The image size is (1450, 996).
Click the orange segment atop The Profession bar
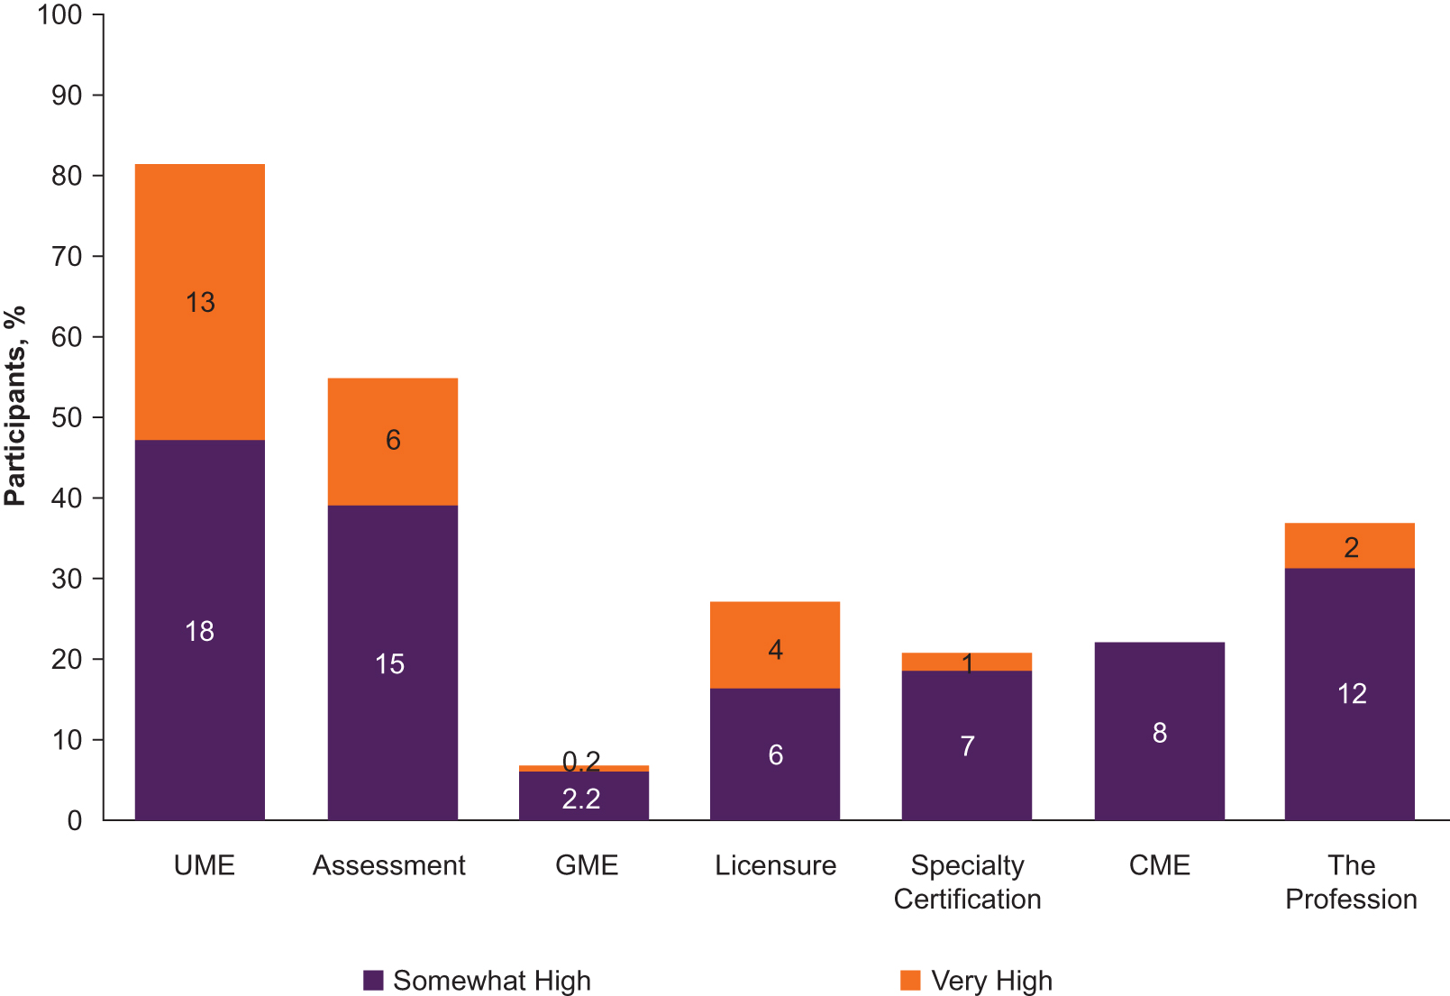1349,546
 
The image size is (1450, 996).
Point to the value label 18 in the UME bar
199,631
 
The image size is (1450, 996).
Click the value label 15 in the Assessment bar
389,664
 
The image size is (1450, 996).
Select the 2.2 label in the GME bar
581,799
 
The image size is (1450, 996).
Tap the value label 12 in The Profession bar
1351,693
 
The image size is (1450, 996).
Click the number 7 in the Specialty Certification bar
967,746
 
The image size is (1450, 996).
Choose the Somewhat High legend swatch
373,980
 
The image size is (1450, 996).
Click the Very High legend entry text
991,980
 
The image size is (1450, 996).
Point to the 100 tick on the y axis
59,14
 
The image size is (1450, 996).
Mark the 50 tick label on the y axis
66,417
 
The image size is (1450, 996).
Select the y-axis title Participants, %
15,406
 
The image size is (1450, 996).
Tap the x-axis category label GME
587,865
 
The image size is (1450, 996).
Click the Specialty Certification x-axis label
967,882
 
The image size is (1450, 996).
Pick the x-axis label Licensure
775,865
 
